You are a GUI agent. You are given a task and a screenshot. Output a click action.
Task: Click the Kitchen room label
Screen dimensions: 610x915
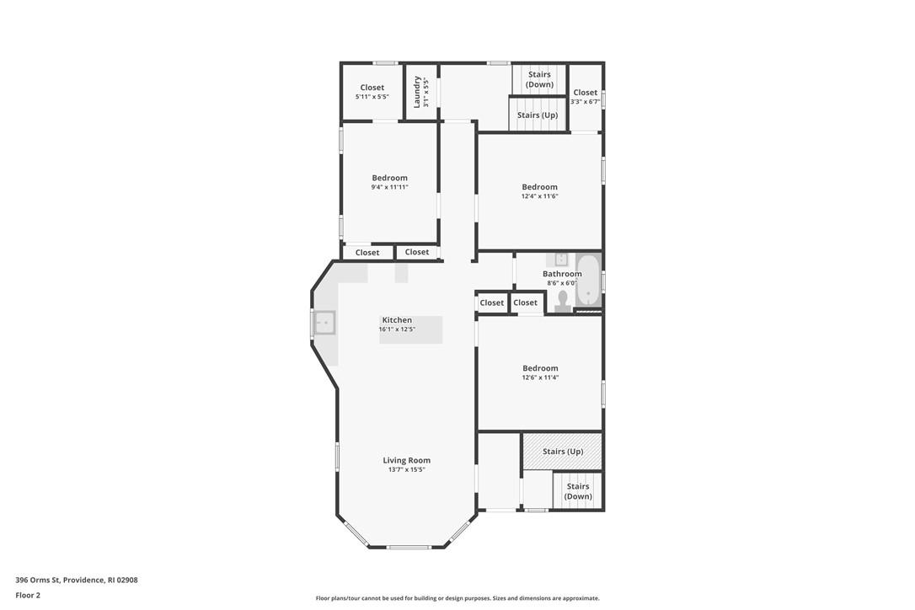(397, 320)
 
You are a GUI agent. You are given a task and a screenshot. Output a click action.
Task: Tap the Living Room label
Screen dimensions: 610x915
(406, 460)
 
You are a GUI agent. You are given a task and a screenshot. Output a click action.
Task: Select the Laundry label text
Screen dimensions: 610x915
(417, 91)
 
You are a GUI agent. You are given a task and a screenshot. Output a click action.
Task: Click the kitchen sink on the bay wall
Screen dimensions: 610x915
(324, 323)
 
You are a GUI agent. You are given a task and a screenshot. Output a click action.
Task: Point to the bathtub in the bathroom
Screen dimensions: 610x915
(588, 281)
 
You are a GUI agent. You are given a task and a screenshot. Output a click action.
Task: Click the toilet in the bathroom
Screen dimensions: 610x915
(563, 301)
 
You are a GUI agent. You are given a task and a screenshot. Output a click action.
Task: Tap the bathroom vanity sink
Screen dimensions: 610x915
(561, 259)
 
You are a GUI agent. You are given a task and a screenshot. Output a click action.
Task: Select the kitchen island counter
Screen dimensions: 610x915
(410, 329)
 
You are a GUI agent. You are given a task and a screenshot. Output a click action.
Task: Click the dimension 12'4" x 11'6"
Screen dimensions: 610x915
(539, 196)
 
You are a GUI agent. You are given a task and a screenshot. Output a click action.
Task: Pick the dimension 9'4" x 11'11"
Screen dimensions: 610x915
(389, 187)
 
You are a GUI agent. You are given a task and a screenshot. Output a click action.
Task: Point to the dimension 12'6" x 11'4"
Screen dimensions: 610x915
(540, 377)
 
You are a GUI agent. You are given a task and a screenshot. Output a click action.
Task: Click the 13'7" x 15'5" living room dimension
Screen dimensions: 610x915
(406, 469)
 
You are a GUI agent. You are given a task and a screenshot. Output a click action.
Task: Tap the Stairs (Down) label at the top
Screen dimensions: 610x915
(539, 79)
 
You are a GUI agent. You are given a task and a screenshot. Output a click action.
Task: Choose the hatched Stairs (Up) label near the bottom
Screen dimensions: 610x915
(563, 452)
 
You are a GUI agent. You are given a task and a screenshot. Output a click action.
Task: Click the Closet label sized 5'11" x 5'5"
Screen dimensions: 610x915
(372, 88)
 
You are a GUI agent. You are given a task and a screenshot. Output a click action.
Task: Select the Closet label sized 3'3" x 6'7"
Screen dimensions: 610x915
(585, 93)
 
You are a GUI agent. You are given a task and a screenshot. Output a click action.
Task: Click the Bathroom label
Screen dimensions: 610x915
(562, 274)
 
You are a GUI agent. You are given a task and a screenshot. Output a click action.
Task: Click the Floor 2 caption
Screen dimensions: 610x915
(28, 595)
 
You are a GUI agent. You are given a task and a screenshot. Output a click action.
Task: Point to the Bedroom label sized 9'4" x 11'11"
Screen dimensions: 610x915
(389, 178)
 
